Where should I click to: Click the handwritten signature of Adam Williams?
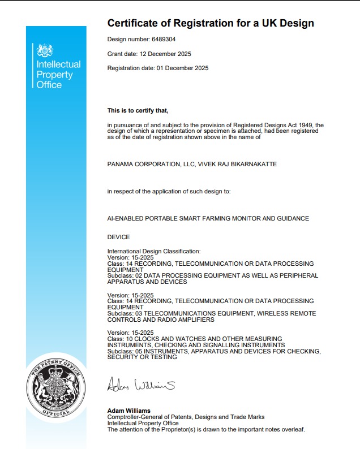coord(141,386)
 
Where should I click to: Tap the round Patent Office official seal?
coord(57,387)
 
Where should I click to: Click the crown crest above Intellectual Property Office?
coord(45,51)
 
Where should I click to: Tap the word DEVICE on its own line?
coord(118,238)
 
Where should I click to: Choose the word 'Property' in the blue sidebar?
coord(55,75)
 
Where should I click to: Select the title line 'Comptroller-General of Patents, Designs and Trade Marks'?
coord(186,417)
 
